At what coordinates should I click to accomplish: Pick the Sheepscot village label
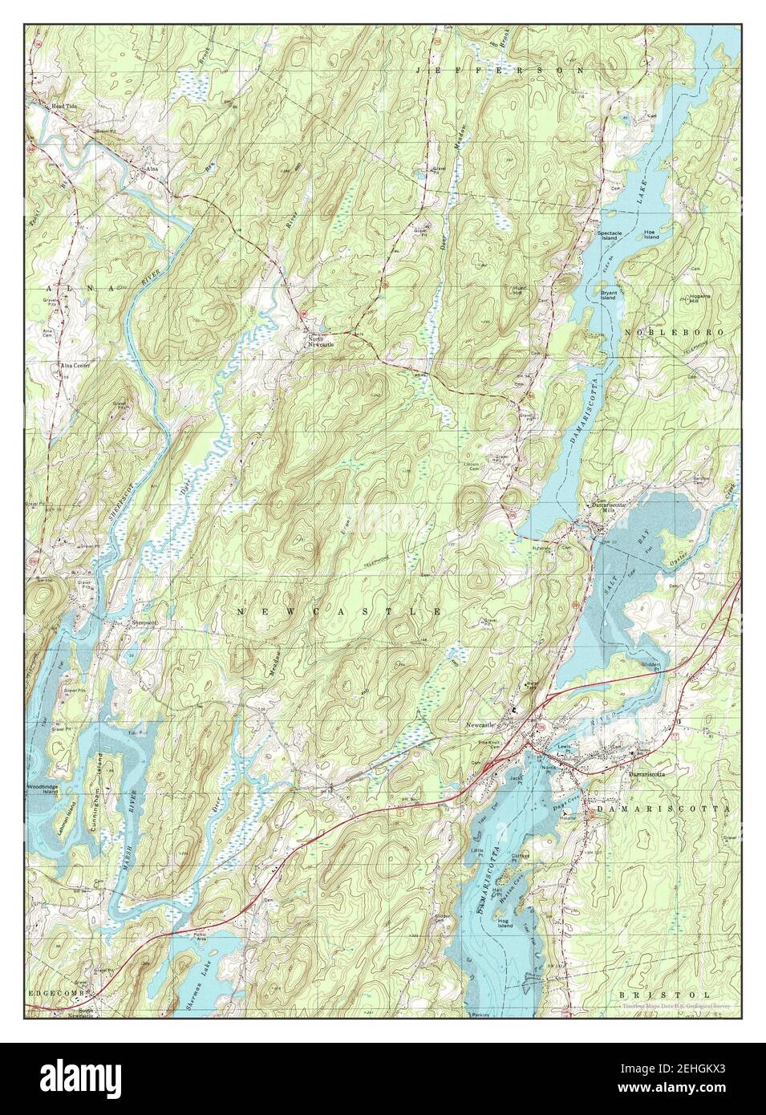tap(137, 622)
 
